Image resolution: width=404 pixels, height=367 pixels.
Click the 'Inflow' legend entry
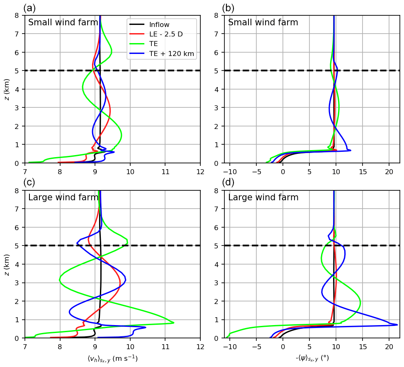[159, 24]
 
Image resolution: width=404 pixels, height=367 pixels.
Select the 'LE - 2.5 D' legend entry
[165, 34]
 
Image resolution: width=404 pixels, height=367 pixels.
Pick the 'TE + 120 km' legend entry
[171, 53]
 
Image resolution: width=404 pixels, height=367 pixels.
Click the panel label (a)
[30, 8]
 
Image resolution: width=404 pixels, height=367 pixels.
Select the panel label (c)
[30, 182]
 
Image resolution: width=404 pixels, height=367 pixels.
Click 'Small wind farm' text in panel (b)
[263, 22]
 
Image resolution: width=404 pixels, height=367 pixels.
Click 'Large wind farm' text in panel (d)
[263, 197]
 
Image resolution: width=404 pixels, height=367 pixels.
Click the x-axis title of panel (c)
[112, 359]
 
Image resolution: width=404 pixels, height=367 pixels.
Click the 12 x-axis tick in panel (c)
[200, 346]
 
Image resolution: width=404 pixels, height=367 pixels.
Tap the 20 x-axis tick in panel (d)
[389, 346]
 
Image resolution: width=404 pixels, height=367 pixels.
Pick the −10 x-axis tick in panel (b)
[229, 171]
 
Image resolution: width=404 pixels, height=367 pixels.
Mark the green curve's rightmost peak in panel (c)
[173, 323]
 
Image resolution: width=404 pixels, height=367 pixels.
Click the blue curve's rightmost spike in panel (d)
[397, 325]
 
